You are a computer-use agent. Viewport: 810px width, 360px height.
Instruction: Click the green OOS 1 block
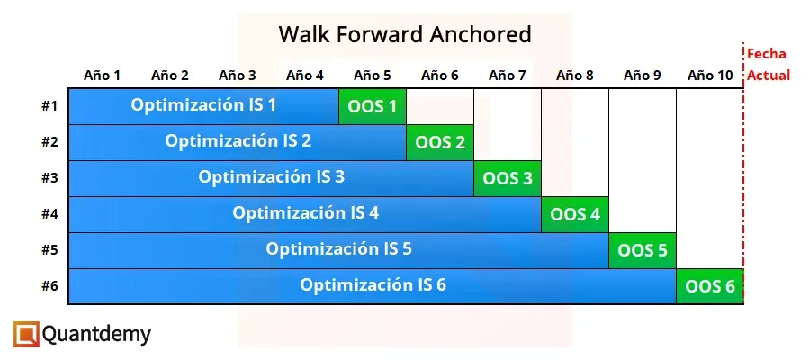coord(372,106)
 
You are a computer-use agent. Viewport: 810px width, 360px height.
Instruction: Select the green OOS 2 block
coord(440,142)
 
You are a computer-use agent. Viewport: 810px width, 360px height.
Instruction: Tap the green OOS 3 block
coord(508,178)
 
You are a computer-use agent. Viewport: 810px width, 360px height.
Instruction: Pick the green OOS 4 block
coord(575,214)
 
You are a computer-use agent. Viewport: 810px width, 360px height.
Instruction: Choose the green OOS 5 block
coord(643,250)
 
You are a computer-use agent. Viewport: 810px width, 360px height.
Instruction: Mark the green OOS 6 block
coord(710,286)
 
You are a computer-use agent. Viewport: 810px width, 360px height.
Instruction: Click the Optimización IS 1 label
coord(203,105)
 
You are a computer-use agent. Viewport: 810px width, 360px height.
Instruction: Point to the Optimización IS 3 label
coord(271,176)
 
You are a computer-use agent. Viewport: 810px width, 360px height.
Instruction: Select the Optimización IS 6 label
coord(373,285)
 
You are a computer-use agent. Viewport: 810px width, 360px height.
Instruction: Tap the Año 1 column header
coord(103,76)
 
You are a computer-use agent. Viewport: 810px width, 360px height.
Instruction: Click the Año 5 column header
coord(373,76)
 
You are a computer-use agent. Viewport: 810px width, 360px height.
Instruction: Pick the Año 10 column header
coord(710,76)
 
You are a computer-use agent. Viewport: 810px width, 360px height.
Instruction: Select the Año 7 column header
coord(508,76)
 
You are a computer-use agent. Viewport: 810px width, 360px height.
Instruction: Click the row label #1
coord(49,106)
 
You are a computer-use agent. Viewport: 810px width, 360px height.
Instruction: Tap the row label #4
coord(49,214)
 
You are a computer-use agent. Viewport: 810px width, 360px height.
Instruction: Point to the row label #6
coord(49,286)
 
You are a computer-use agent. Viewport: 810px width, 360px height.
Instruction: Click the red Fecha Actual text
coord(768,65)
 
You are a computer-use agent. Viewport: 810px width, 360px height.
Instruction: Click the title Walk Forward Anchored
coord(405,34)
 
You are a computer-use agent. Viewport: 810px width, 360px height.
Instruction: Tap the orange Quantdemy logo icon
coord(27,335)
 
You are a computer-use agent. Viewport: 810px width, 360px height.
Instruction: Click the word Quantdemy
coord(97,335)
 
